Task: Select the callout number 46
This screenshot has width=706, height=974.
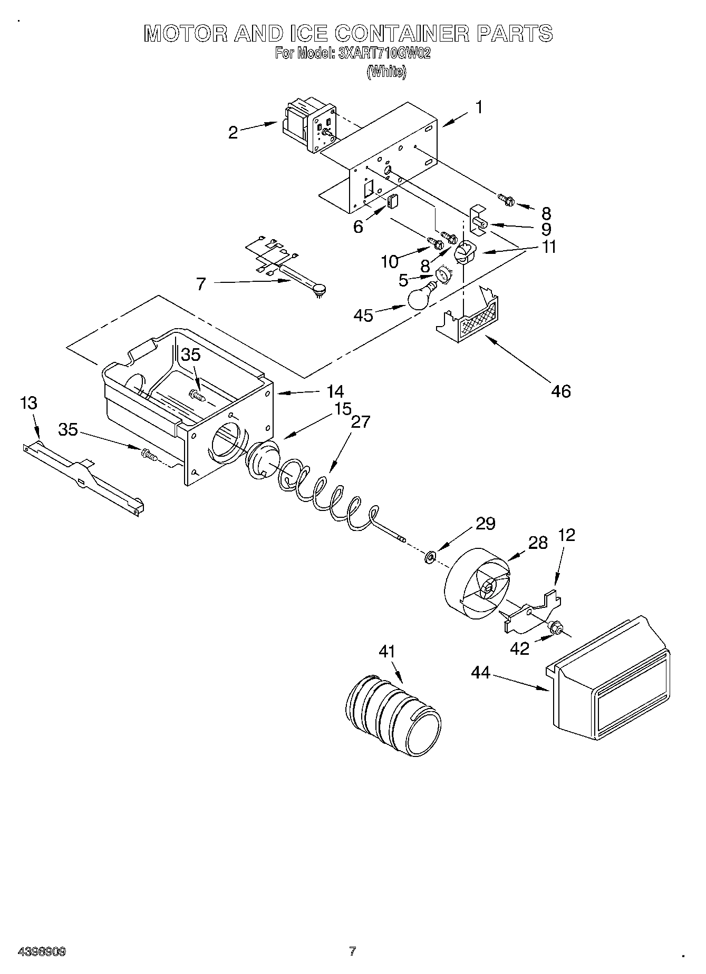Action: pos(561,391)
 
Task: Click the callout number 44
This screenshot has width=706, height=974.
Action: pos(480,673)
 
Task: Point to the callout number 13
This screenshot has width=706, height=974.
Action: pos(28,404)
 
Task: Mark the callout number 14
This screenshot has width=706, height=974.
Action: pos(335,391)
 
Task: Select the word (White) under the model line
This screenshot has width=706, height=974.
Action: pos(386,72)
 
